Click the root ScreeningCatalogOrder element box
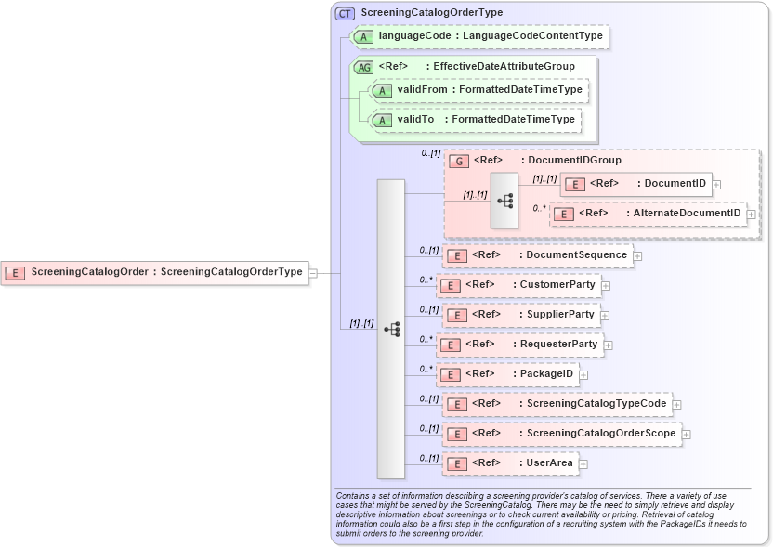(x=153, y=273)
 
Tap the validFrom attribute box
(x=478, y=90)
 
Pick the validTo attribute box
(x=475, y=120)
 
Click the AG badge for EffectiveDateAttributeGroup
(x=365, y=67)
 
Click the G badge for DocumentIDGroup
(x=459, y=161)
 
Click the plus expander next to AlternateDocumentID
(x=752, y=215)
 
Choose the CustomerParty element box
(x=518, y=284)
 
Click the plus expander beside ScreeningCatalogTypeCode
(x=677, y=405)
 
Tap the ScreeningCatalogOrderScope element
(x=562, y=434)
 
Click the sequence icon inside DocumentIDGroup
(x=504, y=200)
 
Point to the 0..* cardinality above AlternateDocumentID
(x=540, y=210)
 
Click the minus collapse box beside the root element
(x=313, y=273)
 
